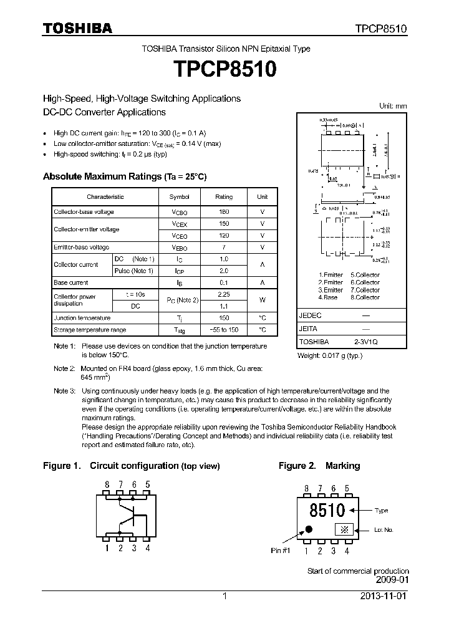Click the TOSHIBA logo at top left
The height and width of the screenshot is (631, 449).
pos(77,28)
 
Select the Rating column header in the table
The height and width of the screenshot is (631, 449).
pos(224,196)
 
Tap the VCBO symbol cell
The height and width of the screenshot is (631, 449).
pos(180,212)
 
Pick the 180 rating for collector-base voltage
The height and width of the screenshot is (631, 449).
pos(224,212)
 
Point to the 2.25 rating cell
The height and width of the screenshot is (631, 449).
pos(224,294)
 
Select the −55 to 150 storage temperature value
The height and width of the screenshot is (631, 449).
pos(224,330)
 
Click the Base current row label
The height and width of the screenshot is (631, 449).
pos(70,282)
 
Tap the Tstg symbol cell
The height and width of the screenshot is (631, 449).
pos(180,330)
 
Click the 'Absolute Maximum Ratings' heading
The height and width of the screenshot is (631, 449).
pos(103,176)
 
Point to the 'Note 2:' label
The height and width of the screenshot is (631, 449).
pos(64,368)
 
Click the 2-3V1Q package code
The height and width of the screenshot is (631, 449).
pos(365,342)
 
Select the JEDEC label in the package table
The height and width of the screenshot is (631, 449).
pos(310,316)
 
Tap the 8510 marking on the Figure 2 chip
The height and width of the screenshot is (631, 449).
pos(327,509)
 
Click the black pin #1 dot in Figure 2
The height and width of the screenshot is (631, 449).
pos(309,530)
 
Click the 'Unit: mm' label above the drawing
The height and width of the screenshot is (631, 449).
pos(393,106)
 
